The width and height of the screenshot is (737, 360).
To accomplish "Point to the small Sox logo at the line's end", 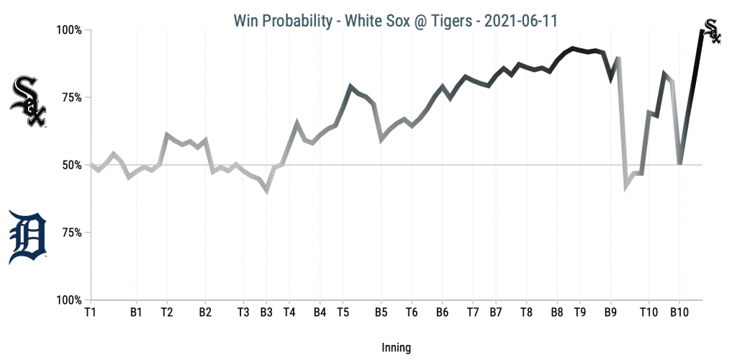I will tap(710, 30).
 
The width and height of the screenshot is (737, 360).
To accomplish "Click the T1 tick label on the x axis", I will tap(90, 312).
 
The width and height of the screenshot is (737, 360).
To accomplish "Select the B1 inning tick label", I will tap(136, 312).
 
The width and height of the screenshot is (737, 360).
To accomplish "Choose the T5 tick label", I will tap(343, 312).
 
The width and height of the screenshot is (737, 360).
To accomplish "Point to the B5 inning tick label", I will tap(381, 312).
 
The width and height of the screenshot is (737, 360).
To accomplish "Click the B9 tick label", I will tap(611, 312).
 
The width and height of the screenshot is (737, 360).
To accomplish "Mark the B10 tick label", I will tap(679, 312).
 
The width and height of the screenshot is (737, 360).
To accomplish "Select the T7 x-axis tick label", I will tap(473, 312).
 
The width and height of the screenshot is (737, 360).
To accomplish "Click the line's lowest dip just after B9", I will tap(625, 189).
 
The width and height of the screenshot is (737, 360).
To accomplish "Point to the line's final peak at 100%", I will tap(702, 30).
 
